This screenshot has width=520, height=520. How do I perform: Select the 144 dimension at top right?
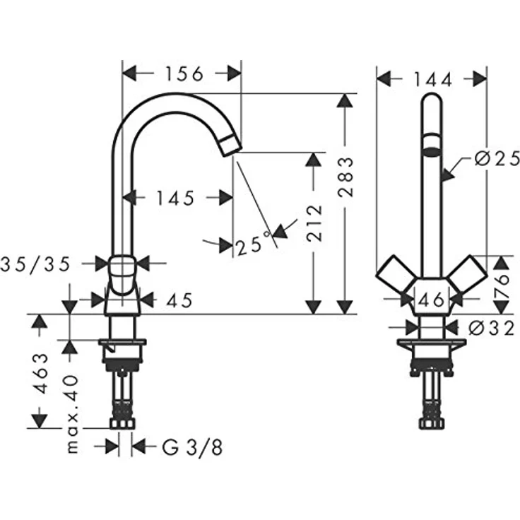tap(432, 79)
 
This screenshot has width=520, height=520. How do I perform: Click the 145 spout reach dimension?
tap(177, 199)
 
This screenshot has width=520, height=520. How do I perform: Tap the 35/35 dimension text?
tap(36, 264)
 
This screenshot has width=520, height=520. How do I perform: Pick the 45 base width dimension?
tap(179, 301)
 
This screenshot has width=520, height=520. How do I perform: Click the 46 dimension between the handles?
tap(432, 300)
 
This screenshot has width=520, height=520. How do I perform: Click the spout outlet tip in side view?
tap(230, 146)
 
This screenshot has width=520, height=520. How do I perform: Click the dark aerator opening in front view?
tap(431, 150)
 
